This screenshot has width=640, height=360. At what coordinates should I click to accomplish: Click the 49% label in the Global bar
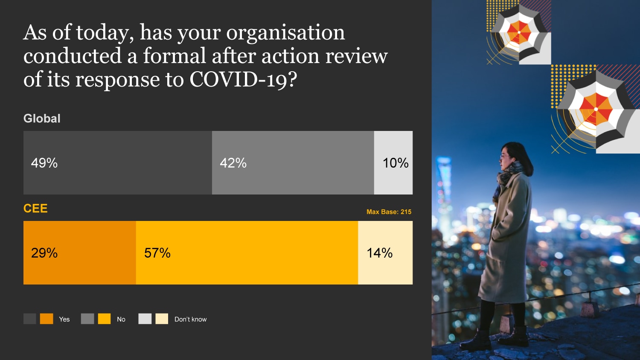44,163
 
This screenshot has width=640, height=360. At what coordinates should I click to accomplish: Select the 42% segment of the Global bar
293,163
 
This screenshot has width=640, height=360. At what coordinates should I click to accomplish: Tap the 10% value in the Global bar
396,163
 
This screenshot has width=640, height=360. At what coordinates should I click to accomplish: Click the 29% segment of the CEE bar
80,253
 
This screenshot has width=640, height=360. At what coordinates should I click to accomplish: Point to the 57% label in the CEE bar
157,253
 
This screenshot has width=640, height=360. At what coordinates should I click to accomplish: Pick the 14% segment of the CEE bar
385,253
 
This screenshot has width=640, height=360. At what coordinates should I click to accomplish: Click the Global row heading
42,119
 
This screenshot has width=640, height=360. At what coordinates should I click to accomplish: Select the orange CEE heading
35,209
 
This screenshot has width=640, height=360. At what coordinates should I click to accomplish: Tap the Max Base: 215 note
389,212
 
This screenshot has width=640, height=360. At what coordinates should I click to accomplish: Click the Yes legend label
64,319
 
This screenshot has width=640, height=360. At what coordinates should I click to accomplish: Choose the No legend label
121,319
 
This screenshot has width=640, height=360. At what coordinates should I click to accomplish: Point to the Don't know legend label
190,319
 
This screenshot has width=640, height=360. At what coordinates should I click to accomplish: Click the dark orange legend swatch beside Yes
47,319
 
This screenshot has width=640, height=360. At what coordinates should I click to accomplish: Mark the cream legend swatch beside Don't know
162,319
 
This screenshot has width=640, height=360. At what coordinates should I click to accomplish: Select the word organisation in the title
285,32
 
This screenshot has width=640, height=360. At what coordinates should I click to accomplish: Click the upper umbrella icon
520,32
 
